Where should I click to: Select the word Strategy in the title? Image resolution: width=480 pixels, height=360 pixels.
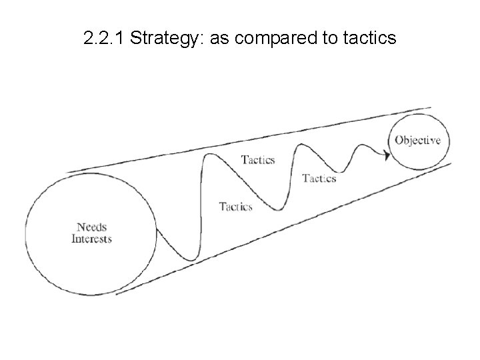point(167,39)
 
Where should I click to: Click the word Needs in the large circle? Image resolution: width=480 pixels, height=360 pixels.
point(92,227)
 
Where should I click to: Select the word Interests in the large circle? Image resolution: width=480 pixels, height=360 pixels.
point(92,239)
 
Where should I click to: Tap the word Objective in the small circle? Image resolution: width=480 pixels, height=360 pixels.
point(417,140)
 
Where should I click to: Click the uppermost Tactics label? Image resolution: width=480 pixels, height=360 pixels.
point(257,159)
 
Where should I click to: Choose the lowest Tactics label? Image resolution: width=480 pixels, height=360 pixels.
point(236,207)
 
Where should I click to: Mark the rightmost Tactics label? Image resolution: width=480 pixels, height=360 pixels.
point(319,178)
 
